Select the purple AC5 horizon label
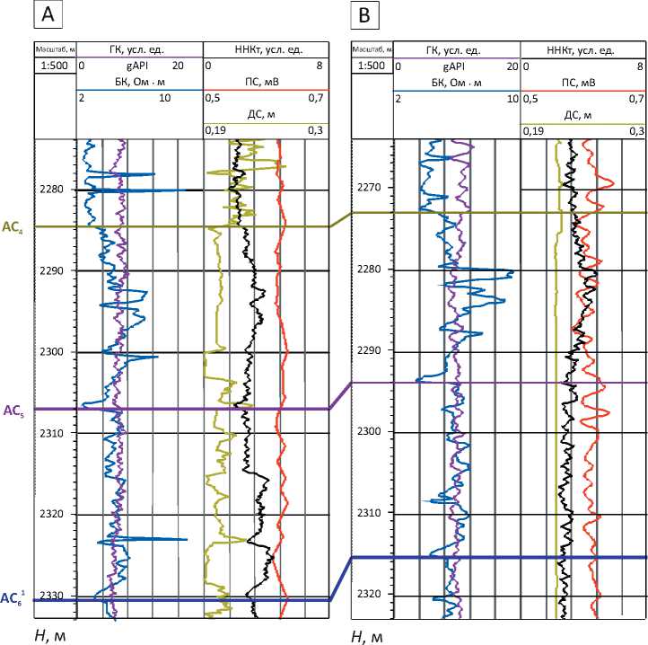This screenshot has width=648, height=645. (13, 411)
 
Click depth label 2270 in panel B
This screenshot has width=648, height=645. (369, 187)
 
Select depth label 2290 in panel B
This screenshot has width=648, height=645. (369, 349)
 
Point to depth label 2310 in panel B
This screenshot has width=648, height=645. (369, 513)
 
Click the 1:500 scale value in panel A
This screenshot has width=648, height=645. (54, 66)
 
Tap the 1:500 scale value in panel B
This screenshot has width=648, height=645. (371, 66)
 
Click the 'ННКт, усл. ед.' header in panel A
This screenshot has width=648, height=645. (266, 49)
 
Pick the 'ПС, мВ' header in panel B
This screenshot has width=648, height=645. (582, 83)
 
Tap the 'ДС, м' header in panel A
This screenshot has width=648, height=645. (265, 114)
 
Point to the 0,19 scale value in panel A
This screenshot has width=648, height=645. (215, 130)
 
